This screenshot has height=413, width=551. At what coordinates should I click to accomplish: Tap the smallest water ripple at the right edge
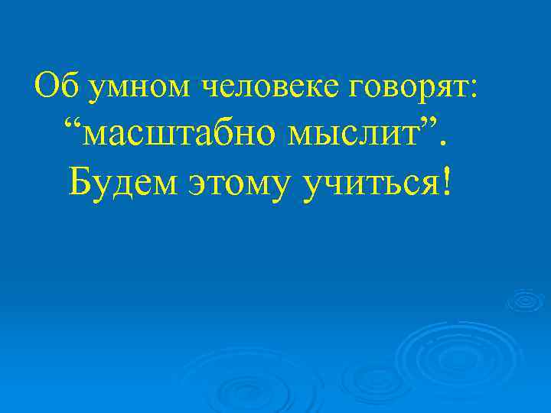click(x=526, y=300)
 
